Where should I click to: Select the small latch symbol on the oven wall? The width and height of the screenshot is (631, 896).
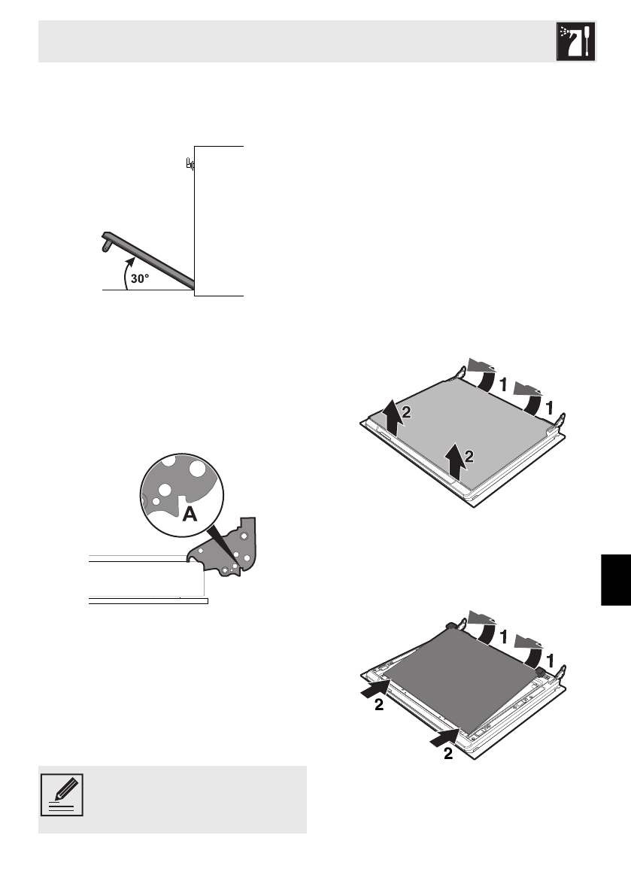click(x=190, y=163)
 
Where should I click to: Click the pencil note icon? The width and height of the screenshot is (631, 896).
click(x=63, y=796)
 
